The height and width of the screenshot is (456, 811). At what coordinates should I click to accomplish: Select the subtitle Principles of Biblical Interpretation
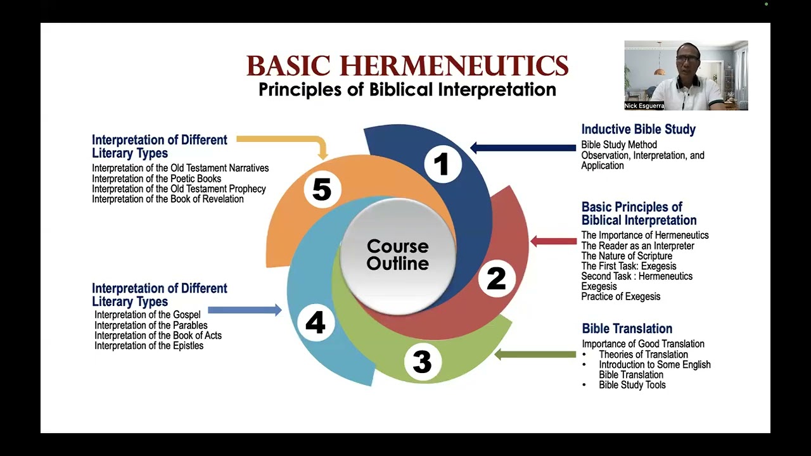point(407,89)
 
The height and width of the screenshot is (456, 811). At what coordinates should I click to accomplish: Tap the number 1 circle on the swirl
point(442,165)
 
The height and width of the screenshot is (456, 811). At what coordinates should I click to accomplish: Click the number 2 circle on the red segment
point(495,279)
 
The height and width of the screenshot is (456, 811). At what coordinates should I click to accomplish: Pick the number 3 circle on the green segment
point(422,362)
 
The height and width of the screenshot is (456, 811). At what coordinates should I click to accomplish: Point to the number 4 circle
point(315,323)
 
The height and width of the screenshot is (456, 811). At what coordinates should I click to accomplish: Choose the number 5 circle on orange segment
point(322,189)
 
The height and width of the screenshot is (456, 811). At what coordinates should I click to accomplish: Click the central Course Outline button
point(398,255)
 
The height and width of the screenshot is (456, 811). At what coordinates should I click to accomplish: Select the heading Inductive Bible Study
point(638,130)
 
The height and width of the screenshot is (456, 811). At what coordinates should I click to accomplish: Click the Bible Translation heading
point(627,329)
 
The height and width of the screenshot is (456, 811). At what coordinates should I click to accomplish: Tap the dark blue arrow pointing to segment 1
point(523,148)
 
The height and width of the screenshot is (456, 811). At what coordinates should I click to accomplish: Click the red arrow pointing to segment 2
point(553,241)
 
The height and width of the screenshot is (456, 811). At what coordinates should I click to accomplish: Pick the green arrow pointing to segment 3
point(535,355)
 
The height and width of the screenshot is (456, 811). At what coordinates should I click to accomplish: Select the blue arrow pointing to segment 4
point(245,310)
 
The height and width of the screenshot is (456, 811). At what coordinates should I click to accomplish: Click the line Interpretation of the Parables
point(151,326)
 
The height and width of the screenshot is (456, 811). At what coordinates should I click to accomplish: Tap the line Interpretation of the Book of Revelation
point(168,199)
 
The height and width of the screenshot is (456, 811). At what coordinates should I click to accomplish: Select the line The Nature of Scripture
point(627,256)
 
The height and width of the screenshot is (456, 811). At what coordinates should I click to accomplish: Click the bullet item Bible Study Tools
point(632,385)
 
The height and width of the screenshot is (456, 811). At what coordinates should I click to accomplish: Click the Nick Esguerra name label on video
point(644,106)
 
